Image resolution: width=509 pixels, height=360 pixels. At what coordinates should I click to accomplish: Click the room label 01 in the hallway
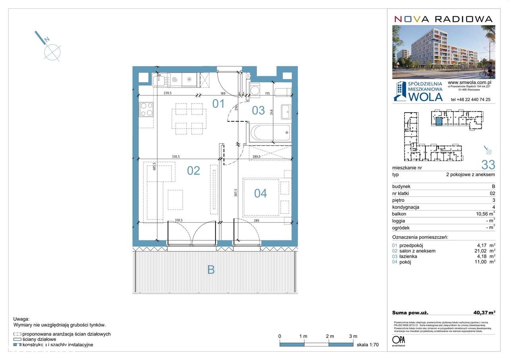[x=218, y=104]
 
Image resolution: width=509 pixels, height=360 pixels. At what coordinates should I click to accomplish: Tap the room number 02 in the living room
[x=193, y=171]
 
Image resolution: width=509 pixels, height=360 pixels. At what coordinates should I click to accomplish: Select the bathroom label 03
[x=258, y=110]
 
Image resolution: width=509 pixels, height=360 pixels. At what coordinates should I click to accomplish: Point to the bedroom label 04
[x=260, y=193]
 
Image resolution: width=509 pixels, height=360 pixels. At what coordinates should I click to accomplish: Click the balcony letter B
[x=211, y=270]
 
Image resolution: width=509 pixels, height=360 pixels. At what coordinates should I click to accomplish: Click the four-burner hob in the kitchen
[x=146, y=109]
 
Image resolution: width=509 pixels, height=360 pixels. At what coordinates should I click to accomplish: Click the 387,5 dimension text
[x=235, y=193]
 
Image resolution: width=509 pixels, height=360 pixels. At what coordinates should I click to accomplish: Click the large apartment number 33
[x=488, y=164]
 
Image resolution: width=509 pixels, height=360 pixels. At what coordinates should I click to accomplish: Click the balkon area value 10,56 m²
[x=483, y=214]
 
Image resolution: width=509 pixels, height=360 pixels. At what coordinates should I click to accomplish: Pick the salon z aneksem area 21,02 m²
[x=483, y=251]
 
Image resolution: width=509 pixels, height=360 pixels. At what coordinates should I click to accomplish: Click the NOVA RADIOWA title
[x=443, y=19]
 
